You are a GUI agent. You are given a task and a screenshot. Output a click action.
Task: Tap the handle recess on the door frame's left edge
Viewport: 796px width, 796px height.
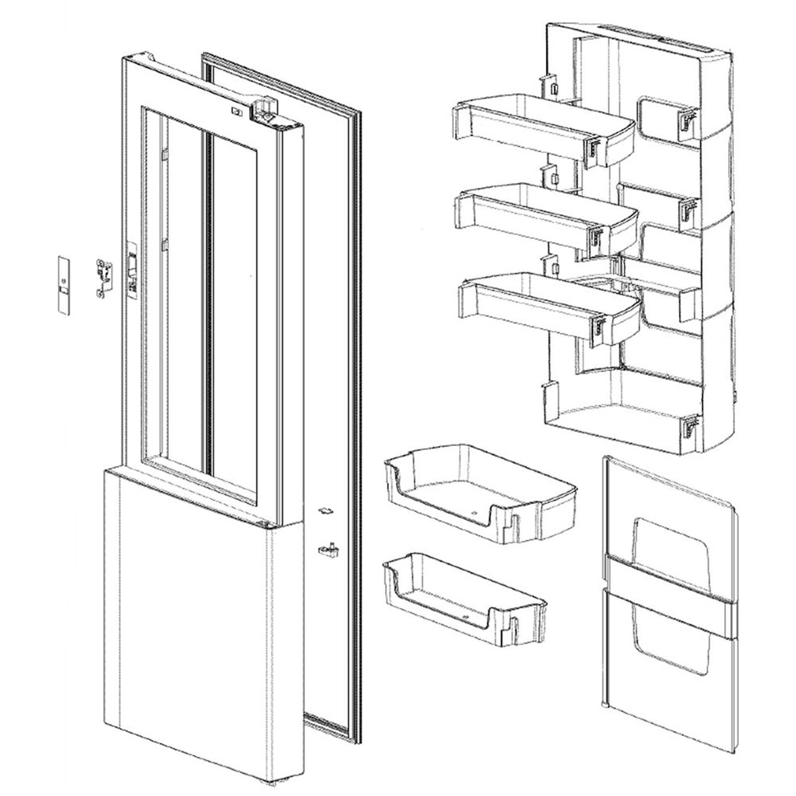click(x=132, y=272)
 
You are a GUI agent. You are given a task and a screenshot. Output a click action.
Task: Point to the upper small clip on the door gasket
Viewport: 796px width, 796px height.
click(x=325, y=511)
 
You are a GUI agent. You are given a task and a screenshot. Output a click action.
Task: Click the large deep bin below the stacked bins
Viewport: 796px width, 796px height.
click(x=480, y=492)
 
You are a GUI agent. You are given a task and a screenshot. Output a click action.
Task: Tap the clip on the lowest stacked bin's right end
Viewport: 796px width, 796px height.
click(x=599, y=326)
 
